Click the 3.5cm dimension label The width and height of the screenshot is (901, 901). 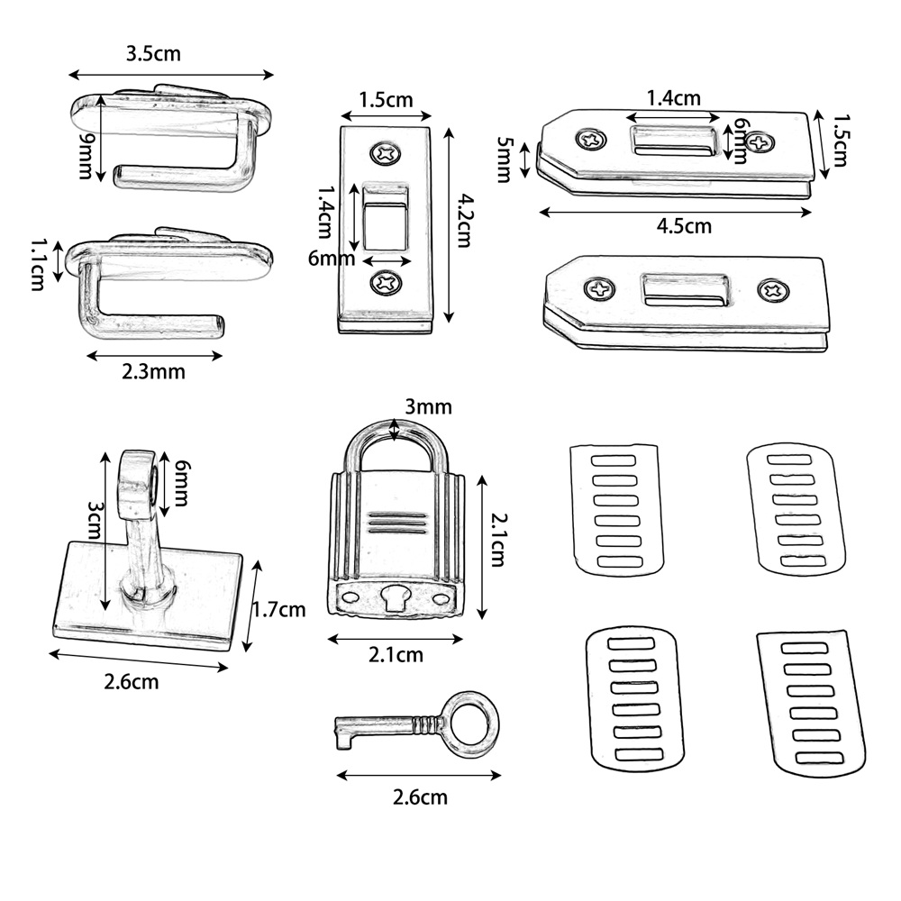pyautogui.click(x=153, y=53)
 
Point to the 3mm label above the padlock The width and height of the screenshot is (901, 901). pyautogui.click(x=427, y=406)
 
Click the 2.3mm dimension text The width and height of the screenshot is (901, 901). pyautogui.click(x=154, y=370)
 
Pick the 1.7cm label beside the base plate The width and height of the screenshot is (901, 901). pyautogui.click(x=278, y=609)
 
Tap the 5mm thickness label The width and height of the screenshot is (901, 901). pyautogui.click(x=505, y=159)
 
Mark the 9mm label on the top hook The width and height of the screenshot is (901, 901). pyautogui.click(x=86, y=154)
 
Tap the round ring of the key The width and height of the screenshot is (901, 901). pyautogui.click(x=472, y=724)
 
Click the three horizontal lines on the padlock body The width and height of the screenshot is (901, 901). pyautogui.click(x=396, y=522)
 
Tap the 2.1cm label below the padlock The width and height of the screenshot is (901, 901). pyautogui.click(x=396, y=655)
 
